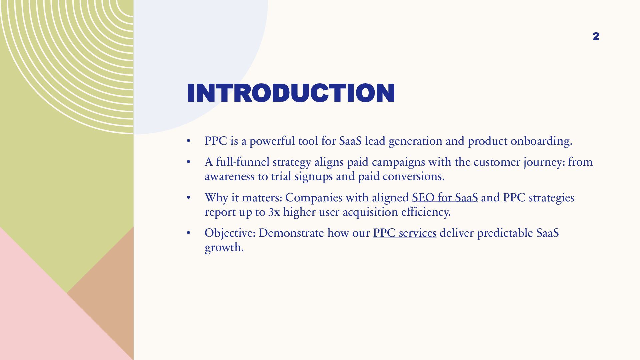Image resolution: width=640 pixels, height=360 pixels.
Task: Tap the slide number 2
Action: pyautogui.click(x=596, y=36)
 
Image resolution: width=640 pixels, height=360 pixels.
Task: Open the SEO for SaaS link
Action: pyautogui.click(x=445, y=198)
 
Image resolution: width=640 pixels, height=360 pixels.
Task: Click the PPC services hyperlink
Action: pyautogui.click(x=404, y=233)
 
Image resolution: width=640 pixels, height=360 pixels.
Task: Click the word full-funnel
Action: pyautogui.click(x=242, y=162)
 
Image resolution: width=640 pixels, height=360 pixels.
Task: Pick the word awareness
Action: pyautogui.click(x=229, y=176)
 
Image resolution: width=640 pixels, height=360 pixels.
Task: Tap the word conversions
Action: pyautogui.click(x=413, y=176)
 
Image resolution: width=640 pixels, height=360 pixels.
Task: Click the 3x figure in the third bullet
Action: pyautogui.click(x=274, y=212)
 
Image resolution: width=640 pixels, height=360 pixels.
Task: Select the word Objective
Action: pyautogui.click(x=230, y=233)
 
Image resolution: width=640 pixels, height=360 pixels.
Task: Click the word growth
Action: pyautogui.click(x=224, y=247)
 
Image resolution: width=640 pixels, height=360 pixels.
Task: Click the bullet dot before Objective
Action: pyautogui.click(x=188, y=233)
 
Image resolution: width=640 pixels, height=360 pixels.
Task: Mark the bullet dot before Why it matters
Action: pyautogui.click(x=188, y=197)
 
